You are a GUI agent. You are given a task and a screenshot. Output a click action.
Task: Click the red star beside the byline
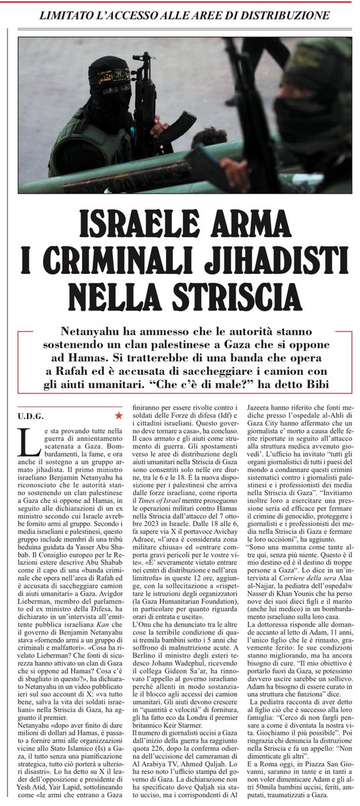pos(118,416)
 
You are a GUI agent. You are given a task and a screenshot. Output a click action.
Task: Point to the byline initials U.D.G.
pos(30,416)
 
